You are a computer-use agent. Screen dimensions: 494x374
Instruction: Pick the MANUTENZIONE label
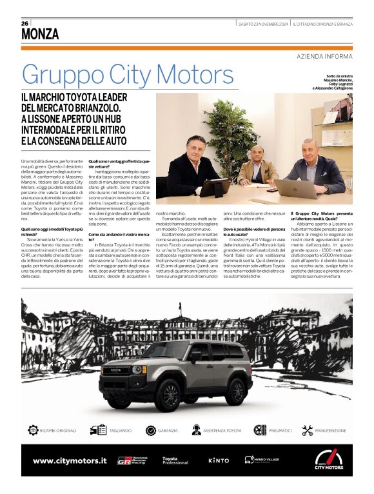pyautogui.click(x=331, y=430)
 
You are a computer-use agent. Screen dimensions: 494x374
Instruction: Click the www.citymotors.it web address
pyautogui.click(x=70, y=460)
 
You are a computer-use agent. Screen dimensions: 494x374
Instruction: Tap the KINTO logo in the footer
pyautogui.click(x=219, y=460)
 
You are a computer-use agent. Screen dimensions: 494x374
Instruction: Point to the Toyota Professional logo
pyautogui.click(x=175, y=460)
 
